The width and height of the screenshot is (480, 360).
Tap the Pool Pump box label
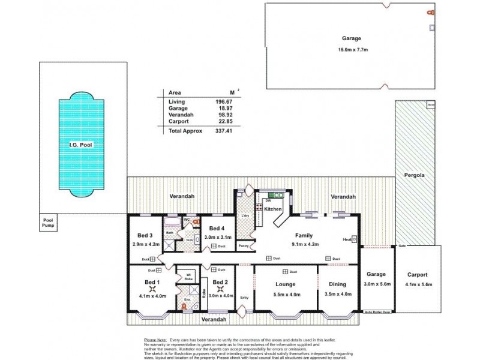[48, 224]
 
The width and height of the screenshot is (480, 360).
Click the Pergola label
[415, 176]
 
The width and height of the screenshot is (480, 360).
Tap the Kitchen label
[273, 209]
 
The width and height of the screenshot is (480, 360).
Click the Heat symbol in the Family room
[347, 239]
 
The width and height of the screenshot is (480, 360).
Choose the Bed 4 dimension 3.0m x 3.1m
[216, 237]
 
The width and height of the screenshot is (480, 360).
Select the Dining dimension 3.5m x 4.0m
[338, 293]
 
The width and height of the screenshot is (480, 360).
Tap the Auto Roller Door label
[378, 313]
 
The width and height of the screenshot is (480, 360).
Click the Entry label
[244, 298]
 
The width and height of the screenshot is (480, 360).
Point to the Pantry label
[244, 246]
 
